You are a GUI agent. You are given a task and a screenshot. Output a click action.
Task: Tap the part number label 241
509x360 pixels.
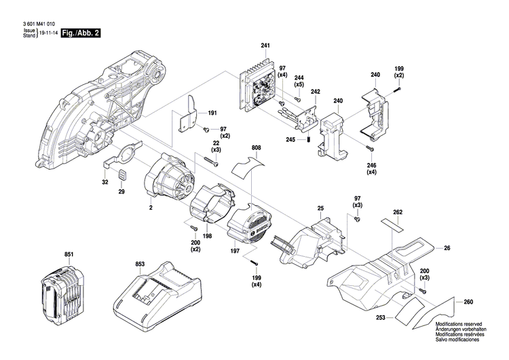265,46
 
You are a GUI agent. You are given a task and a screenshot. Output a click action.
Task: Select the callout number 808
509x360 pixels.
255,147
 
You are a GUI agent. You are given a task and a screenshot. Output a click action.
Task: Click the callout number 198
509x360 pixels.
208,236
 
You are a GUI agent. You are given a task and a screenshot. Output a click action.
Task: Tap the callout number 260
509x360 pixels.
468,302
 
